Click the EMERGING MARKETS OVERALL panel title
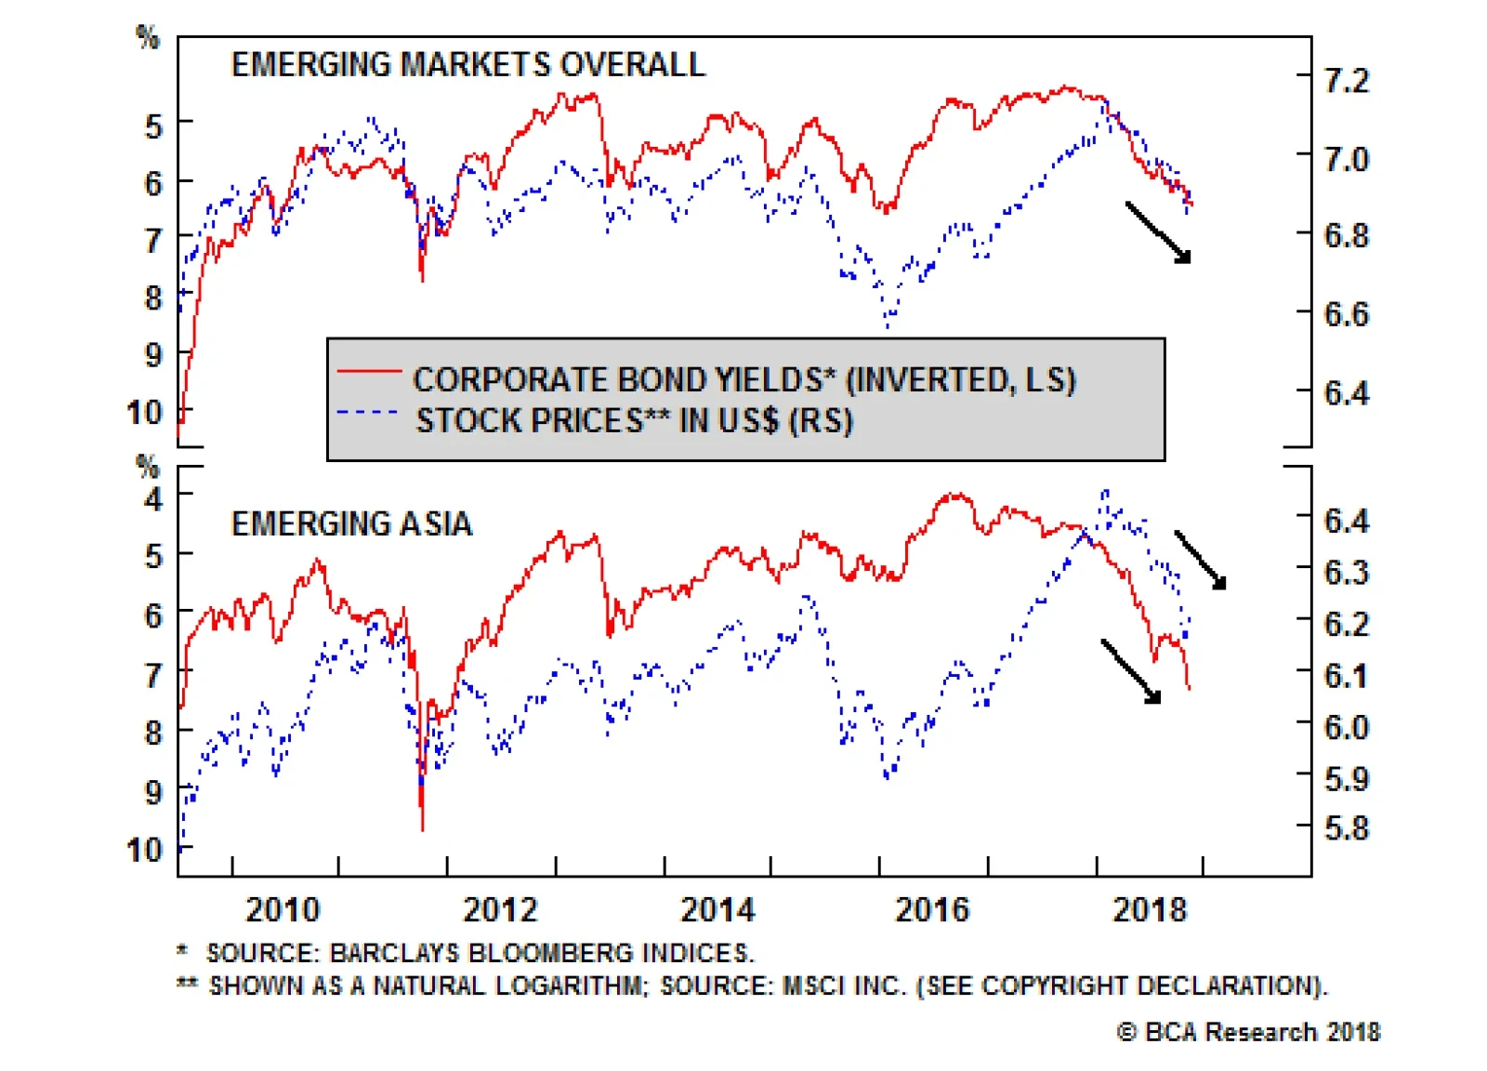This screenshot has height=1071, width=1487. click(x=467, y=64)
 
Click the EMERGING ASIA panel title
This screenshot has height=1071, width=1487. click(x=351, y=523)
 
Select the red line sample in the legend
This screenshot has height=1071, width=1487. click(x=369, y=371)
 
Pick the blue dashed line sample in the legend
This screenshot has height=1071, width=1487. click(x=369, y=412)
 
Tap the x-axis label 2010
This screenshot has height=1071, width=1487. click(x=283, y=909)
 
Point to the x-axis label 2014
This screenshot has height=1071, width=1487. click(x=717, y=909)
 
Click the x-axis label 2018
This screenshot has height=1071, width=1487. click(x=1150, y=909)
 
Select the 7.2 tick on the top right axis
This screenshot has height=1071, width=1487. click(x=1347, y=81)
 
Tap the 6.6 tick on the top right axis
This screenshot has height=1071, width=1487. click(x=1347, y=314)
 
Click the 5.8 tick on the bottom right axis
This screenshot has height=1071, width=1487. click(x=1347, y=827)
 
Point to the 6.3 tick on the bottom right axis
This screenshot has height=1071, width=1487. click(x=1347, y=572)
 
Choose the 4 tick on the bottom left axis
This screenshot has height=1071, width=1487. click(x=153, y=498)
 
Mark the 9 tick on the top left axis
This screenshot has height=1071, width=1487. click(x=153, y=354)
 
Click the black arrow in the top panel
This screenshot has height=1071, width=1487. click(x=1158, y=232)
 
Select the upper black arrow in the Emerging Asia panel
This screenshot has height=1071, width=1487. click(x=1201, y=560)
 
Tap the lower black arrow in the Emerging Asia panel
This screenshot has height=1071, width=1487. click(x=1131, y=670)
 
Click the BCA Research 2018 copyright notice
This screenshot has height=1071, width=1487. click(x=1248, y=1032)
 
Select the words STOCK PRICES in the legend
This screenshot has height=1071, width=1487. click(x=529, y=421)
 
